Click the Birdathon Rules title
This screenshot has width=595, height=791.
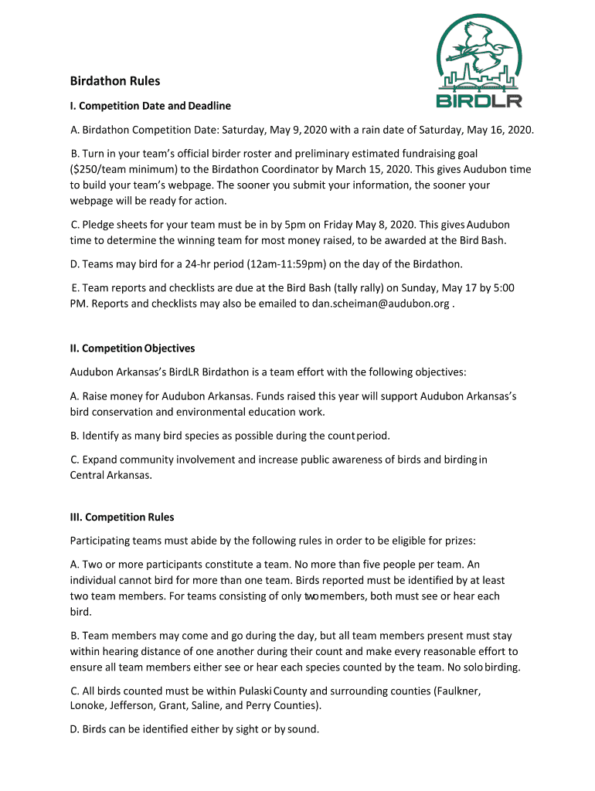(115, 81)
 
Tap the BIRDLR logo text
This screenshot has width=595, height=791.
(479, 100)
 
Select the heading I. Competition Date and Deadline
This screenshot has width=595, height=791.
(151, 105)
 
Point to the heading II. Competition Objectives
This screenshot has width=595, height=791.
(132, 348)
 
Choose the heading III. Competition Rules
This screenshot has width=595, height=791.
(122, 517)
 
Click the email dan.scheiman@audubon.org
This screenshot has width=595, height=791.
(380, 304)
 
